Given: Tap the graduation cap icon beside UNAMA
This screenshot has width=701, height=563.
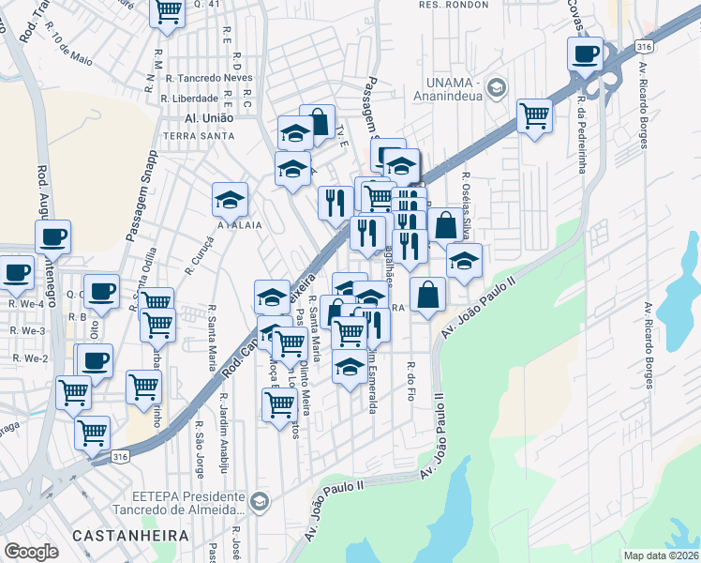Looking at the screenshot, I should click(x=496, y=88).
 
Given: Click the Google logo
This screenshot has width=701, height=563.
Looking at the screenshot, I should click(x=31, y=552).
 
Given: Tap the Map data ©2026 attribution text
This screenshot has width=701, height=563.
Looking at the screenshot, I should click(x=661, y=555).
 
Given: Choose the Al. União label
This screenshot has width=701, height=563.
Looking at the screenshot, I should click(x=208, y=119).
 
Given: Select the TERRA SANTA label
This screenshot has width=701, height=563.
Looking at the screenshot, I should click(x=199, y=136).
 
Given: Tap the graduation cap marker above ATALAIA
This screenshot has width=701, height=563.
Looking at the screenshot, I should click(x=230, y=200).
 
